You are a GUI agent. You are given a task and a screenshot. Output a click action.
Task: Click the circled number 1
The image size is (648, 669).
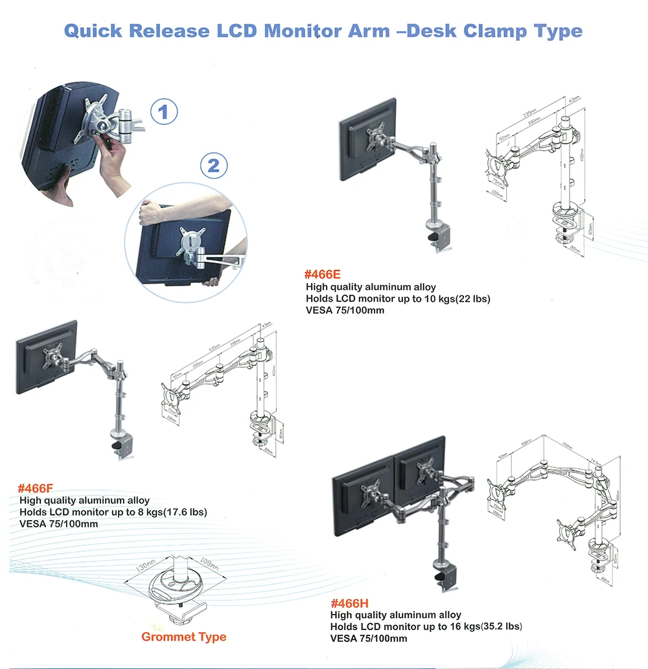click(x=164, y=112)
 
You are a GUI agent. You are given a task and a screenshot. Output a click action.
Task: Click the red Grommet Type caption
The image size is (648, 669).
click(x=184, y=637)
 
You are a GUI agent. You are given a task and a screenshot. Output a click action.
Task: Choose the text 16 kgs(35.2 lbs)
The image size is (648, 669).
click(x=479, y=626)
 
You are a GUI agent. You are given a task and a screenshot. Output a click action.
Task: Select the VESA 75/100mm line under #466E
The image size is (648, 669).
click(x=345, y=310)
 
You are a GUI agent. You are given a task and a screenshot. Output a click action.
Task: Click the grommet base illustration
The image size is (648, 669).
click(x=175, y=593)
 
